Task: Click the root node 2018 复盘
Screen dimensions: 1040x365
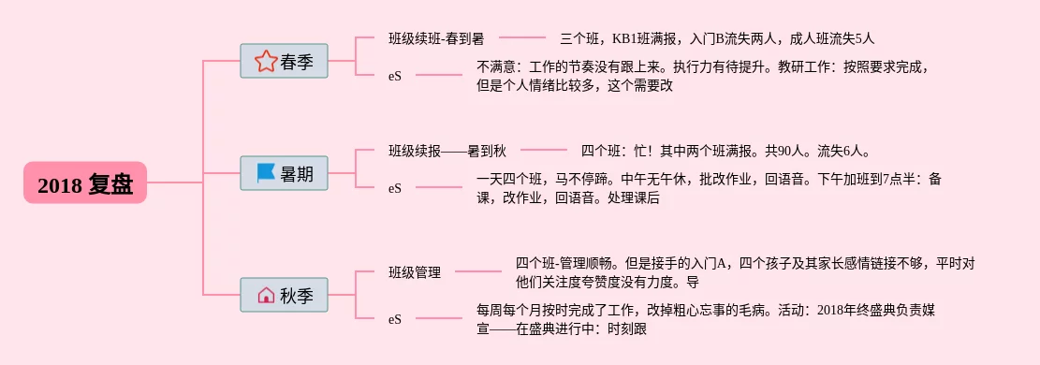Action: [x=85, y=182]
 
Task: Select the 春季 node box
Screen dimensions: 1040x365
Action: [x=284, y=61]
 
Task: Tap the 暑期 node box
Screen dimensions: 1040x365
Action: [x=284, y=173]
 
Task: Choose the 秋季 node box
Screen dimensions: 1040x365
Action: [x=284, y=295]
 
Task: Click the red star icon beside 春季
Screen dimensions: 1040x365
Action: [x=265, y=61]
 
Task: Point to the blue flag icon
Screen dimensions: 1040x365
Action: [x=265, y=173]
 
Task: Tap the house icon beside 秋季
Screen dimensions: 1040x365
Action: [x=265, y=295]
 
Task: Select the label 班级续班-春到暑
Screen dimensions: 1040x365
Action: [x=436, y=38]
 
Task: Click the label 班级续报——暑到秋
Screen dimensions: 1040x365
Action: [x=447, y=152]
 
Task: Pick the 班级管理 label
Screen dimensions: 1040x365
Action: [x=415, y=272]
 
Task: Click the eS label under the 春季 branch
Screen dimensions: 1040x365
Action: [x=395, y=76]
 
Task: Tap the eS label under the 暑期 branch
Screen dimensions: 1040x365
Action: [x=395, y=188]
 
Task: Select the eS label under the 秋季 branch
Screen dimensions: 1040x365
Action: [x=395, y=319]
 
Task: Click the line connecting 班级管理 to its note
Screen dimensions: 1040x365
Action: [x=478, y=271]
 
